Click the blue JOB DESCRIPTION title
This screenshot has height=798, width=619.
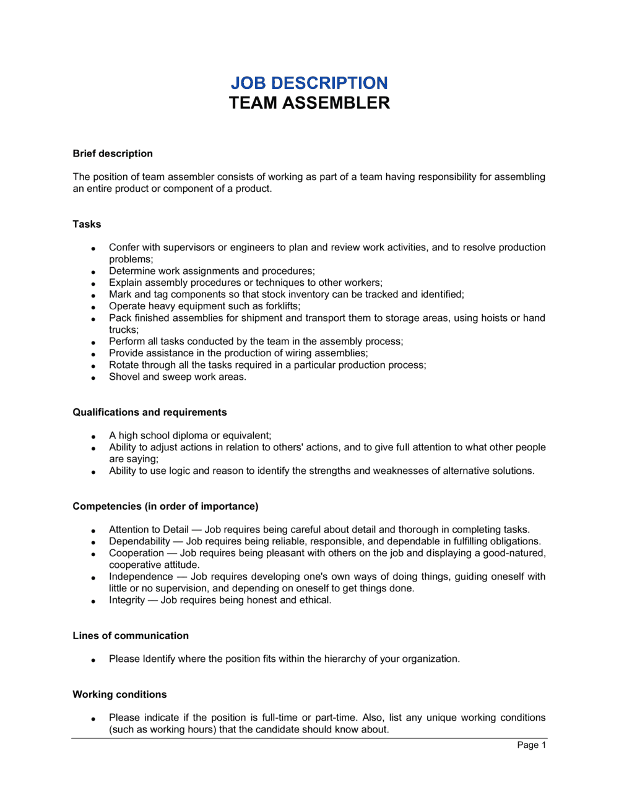(309, 83)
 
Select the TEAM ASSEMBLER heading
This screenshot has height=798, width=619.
(309, 103)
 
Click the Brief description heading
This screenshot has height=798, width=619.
(113, 153)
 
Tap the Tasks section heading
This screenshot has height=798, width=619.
(87, 224)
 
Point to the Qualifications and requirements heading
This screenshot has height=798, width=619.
(150, 412)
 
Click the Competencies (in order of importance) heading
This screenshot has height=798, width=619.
(165, 506)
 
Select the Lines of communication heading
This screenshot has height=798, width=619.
(131, 635)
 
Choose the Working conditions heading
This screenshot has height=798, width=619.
(119, 694)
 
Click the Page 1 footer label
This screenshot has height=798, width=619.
(531, 745)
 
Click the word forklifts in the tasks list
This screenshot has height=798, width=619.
(279, 306)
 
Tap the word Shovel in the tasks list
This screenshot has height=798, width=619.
(124, 377)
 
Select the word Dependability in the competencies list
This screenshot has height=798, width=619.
(139, 541)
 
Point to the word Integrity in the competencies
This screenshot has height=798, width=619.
(127, 600)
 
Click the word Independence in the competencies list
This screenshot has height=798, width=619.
(141, 577)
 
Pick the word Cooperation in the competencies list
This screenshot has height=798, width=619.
(136, 553)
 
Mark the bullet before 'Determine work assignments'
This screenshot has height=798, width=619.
(93, 272)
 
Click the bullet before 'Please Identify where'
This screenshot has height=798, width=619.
(93, 660)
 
